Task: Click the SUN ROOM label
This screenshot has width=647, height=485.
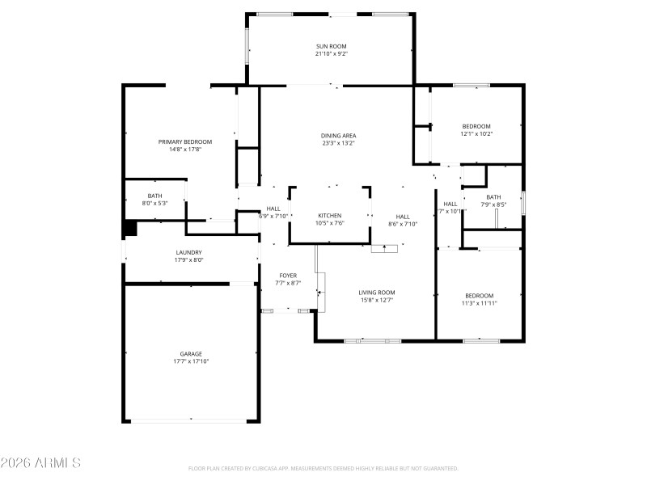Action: tap(332, 46)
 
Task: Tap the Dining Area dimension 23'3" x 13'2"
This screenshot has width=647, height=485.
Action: tap(338, 143)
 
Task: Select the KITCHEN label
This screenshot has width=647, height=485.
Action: tap(329, 216)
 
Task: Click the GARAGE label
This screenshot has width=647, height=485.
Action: tap(191, 353)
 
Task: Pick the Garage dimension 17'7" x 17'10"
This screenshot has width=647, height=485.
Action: tap(191, 361)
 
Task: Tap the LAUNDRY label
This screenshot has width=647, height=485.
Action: tap(188, 252)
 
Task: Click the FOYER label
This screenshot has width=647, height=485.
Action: tap(288, 276)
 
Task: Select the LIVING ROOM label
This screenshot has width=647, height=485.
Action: tap(377, 293)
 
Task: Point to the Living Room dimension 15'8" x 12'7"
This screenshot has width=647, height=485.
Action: tap(377, 301)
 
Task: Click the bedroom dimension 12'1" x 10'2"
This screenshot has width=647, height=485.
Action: tap(476, 134)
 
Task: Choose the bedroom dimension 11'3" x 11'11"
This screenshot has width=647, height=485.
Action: tap(479, 303)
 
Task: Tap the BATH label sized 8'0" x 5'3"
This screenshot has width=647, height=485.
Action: tap(154, 196)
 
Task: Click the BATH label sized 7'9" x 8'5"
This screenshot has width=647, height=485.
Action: tap(493, 197)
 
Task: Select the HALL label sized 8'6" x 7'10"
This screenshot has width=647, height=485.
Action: tap(403, 217)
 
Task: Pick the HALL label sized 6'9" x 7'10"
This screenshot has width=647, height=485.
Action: tap(273, 209)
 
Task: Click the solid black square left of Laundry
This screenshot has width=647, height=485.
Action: tap(129, 229)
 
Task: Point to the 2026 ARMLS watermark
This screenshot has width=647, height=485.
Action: tap(40, 463)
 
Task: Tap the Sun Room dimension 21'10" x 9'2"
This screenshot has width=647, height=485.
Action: tap(332, 54)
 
